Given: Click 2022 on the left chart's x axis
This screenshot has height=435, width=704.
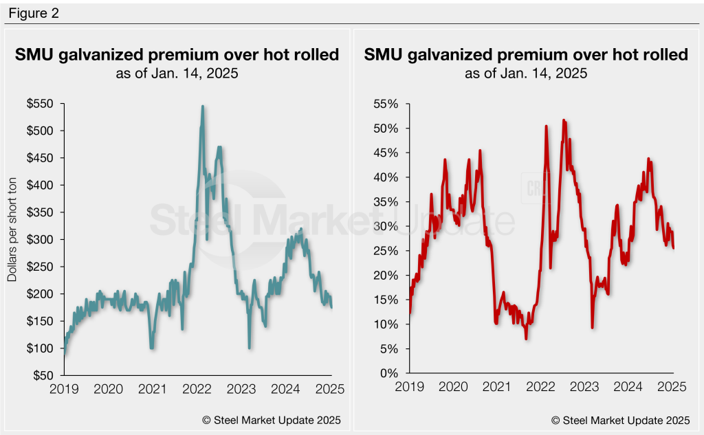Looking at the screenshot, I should [x=197, y=389].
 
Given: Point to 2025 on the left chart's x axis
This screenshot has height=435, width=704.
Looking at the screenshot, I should [x=329, y=389].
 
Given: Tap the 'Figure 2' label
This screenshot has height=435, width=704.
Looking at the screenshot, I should [x=33, y=14].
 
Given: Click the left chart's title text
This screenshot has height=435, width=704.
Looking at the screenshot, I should [x=177, y=55].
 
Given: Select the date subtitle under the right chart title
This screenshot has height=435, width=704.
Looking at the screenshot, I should [x=526, y=73].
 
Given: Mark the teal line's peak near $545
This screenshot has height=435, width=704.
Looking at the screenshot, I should [x=202, y=107].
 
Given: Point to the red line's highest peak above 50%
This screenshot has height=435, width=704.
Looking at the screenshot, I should [x=564, y=120].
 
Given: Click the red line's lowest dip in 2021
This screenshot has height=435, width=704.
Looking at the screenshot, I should [x=526, y=339].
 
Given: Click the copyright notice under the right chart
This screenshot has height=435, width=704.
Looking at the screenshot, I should [x=619, y=420].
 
